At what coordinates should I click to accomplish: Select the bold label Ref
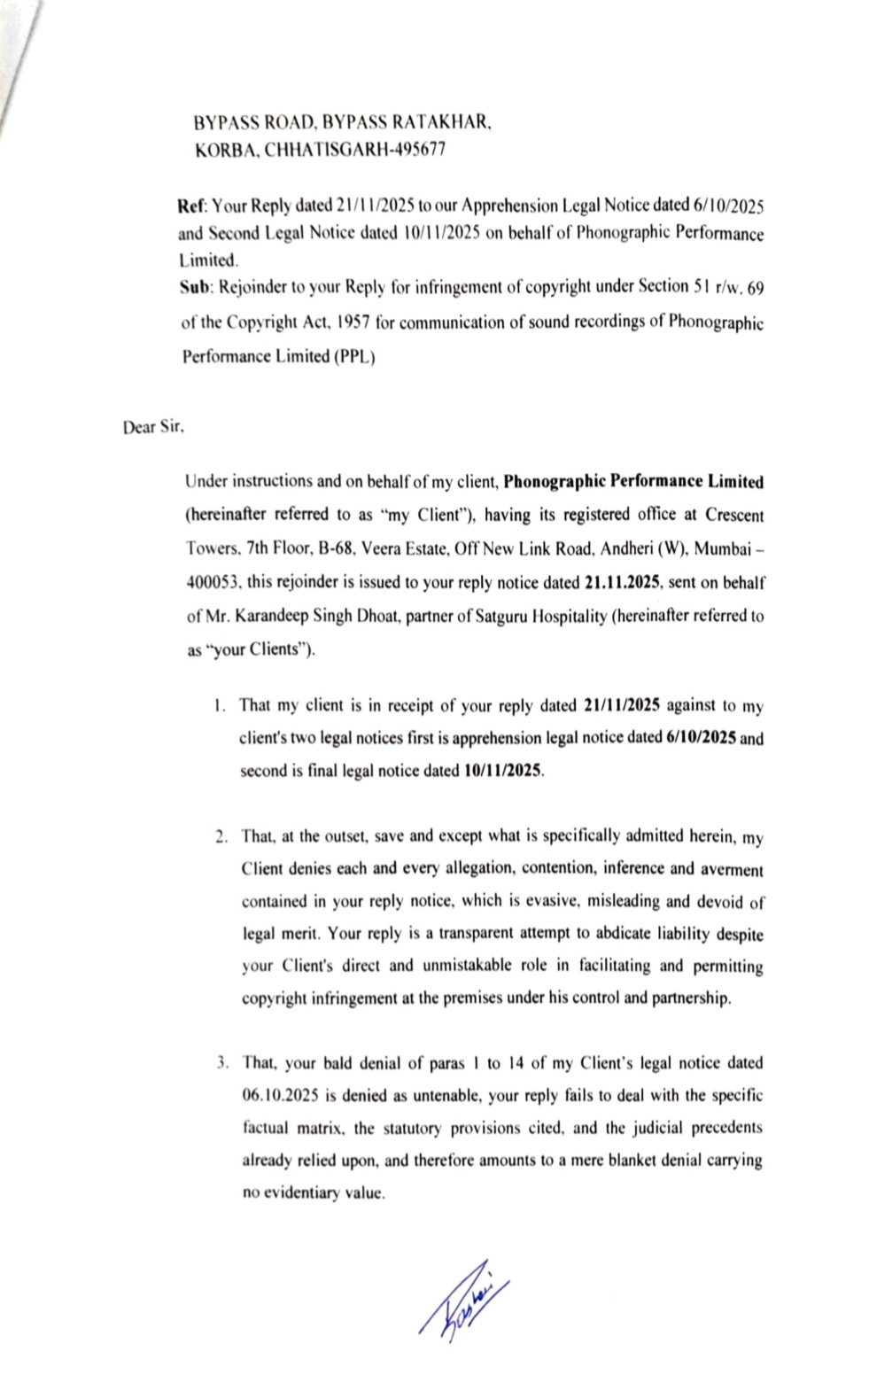coord(191,206)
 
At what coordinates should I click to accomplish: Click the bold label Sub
coord(192,287)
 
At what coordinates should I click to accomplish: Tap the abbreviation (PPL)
coord(354,358)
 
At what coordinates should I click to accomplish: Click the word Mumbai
coord(721,549)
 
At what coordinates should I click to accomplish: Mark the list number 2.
coord(221,837)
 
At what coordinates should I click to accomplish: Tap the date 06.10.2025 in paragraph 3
coord(279,1096)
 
